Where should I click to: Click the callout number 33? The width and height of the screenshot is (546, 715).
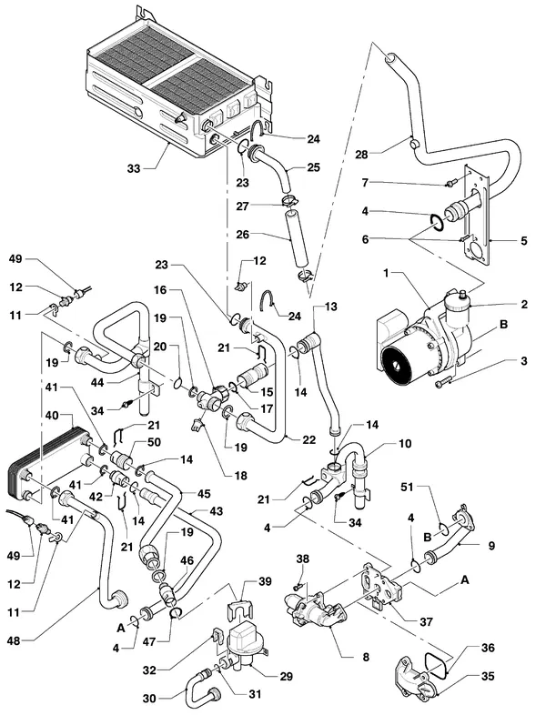(134, 168)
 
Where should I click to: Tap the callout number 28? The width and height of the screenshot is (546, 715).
(361, 155)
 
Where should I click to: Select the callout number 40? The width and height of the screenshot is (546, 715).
(53, 416)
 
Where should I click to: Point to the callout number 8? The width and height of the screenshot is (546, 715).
(366, 657)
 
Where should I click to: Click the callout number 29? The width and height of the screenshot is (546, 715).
(286, 676)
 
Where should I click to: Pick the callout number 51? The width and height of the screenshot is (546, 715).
(407, 487)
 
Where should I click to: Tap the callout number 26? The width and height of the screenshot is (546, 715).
(243, 235)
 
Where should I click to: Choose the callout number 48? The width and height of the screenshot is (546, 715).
(14, 640)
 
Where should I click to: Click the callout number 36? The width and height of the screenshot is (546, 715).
(488, 648)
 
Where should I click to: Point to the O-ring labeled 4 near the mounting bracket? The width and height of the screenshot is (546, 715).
(437, 223)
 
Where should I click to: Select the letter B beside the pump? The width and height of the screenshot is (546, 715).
(503, 324)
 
